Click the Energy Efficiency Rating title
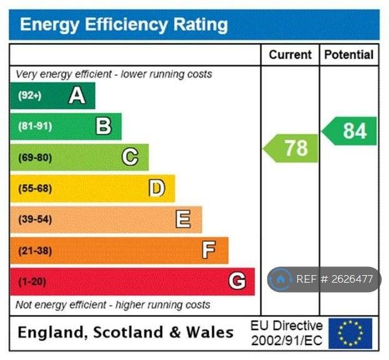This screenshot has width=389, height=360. click(124, 25)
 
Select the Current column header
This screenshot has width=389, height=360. click(290, 55)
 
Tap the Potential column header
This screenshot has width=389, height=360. click(349, 55)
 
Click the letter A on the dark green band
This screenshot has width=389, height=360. click(77, 96)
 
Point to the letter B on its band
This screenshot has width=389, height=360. click(103, 126)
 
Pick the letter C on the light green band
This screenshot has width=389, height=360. click(130, 157)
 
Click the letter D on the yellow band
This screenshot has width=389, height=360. click(157, 188)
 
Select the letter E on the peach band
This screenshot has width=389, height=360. click(183, 219)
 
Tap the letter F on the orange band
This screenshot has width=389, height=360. click(209, 250)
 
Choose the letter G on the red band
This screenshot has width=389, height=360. click(237, 281)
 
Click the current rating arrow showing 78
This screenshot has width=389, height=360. click(291, 148)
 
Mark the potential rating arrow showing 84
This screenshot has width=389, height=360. click(349, 131)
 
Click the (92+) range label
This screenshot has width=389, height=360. click(30, 95)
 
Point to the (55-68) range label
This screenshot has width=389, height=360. click(35, 188)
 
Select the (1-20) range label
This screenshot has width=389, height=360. click(32, 282)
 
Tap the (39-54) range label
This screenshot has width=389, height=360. click(35, 220)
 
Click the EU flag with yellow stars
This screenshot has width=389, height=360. click(350, 333)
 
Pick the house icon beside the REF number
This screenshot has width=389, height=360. click(281, 280)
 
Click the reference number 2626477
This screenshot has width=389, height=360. click(352, 279)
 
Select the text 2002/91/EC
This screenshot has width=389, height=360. click(287, 341)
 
